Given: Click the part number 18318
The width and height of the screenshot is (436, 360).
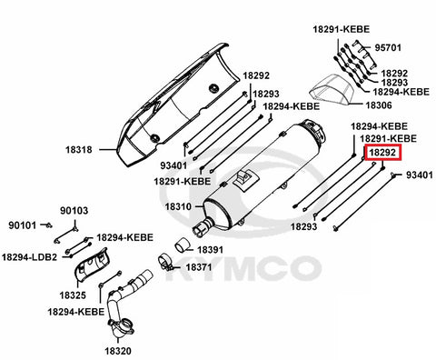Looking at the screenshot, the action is tap(79, 150).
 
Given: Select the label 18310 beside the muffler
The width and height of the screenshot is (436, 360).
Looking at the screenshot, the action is tap(178, 206).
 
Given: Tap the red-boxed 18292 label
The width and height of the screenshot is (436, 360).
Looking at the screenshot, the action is tap(383, 153).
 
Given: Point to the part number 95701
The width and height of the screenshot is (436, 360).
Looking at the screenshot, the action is tap(388, 48).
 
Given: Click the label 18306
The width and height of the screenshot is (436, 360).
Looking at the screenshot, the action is tap(379, 105).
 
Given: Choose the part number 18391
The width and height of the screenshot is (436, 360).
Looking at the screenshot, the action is tap(210, 250).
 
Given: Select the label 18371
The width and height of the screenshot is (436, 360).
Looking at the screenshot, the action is tap(199, 267).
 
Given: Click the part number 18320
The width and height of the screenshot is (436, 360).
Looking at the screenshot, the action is tap(118, 351).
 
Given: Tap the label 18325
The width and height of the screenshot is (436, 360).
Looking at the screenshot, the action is tap(73, 295).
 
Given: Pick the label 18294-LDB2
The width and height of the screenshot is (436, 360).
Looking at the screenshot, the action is tap(29, 257).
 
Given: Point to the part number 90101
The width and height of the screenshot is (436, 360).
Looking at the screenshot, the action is tap(22, 225).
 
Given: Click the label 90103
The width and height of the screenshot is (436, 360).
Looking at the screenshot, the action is tap(74, 211).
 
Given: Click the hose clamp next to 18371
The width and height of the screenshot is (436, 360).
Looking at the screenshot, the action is tap(166, 263).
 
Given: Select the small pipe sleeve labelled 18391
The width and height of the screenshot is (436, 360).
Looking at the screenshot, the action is tap(182, 245).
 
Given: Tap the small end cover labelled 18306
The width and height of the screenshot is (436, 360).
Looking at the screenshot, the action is tap(332, 90).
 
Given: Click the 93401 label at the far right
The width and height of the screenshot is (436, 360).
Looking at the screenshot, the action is tap(420, 175).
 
